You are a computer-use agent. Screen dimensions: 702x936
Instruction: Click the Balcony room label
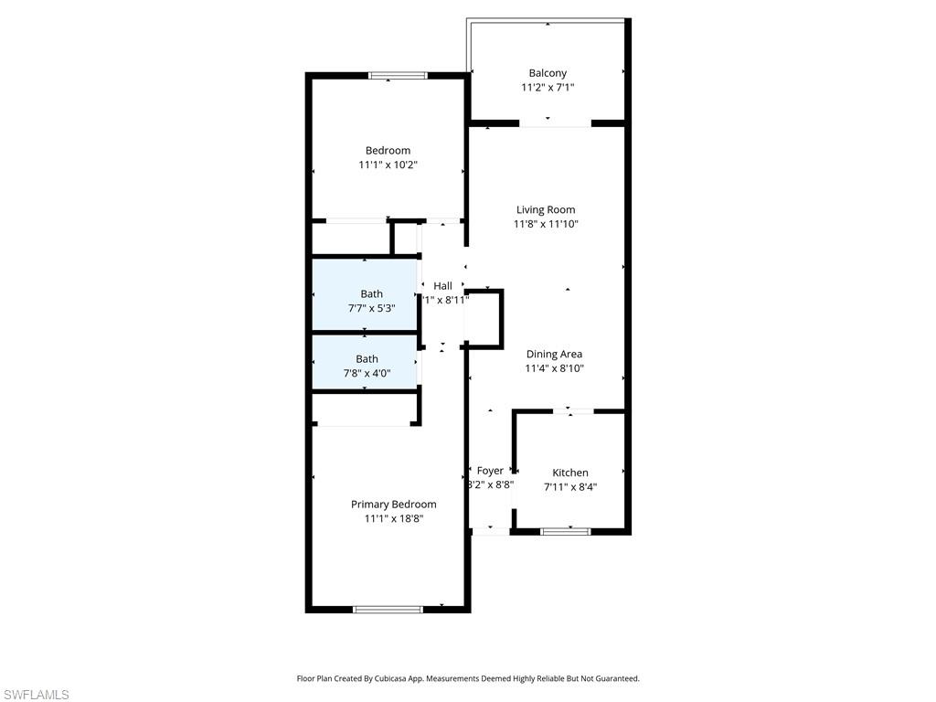click(x=548, y=73)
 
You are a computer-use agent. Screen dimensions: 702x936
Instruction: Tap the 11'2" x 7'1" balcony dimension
click(x=548, y=88)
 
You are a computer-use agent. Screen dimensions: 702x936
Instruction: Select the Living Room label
click(x=546, y=209)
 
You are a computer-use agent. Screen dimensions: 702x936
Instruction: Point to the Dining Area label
click(x=554, y=354)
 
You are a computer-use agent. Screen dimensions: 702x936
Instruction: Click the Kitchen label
click(x=570, y=473)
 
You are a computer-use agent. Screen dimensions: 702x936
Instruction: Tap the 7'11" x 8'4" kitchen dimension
click(x=570, y=487)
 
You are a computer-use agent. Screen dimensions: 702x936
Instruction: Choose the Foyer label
click(x=490, y=471)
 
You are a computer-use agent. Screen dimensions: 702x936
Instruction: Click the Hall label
click(x=442, y=286)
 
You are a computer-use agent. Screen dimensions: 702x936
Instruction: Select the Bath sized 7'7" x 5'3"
click(x=371, y=293)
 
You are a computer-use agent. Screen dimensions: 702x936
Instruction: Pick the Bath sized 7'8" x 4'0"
click(x=367, y=359)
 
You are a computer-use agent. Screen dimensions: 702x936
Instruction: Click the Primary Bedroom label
click(x=393, y=504)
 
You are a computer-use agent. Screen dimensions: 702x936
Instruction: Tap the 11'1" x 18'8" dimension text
click(x=393, y=518)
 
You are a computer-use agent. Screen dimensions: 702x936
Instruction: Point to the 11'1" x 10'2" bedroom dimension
click(x=388, y=165)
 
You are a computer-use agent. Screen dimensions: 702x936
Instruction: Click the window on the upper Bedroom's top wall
click(x=398, y=76)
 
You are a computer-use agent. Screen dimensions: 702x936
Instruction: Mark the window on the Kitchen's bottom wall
click(x=566, y=531)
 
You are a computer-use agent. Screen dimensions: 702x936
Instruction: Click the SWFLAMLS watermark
click(x=36, y=695)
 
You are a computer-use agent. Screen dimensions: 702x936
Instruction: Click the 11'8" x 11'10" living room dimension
click(x=546, y=224)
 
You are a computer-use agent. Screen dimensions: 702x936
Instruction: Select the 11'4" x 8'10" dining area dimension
click(x=554, y=368)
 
